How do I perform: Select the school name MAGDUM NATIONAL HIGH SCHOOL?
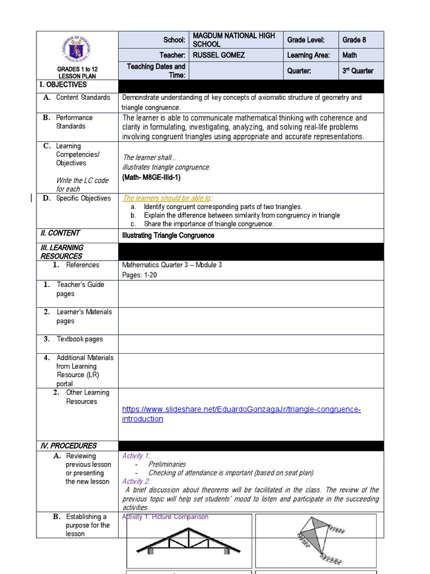click(x=233, y=40)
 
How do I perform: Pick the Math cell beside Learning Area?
click(x=349, y=55)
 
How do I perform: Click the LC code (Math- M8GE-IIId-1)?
click(x=151, y=177)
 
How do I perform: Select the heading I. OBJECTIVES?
click(x=64, y=85)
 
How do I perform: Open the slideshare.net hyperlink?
click(x=241, y=414)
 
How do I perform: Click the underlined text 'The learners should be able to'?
click(x=167, y=198)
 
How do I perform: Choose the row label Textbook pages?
click(x=80, y=339)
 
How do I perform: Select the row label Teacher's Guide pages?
click(x=80, y=289)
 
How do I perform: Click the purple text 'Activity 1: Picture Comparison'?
click(x=165, y=517)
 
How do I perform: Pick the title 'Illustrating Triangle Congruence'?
click(x=168, y=235)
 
